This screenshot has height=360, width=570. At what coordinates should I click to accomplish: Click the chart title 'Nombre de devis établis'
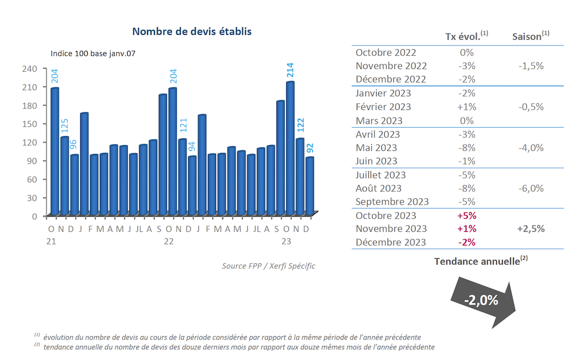192,31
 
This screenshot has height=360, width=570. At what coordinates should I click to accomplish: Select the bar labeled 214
290,148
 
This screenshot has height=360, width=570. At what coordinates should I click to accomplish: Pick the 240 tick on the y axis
30,68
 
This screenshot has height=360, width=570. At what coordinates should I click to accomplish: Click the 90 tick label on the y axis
32,161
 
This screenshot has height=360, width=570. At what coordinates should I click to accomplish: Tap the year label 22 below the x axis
169,241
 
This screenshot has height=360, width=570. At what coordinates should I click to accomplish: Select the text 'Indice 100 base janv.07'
93,54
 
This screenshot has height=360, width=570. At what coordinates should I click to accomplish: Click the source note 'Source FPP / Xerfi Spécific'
268,266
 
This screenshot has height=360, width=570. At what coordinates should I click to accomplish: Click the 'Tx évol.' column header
466,36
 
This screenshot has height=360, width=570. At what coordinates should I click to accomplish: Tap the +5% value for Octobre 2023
466,216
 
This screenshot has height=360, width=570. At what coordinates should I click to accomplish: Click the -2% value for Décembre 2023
466,243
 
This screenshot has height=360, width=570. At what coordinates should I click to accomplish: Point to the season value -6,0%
531,189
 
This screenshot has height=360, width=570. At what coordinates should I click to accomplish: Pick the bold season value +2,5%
531,229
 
